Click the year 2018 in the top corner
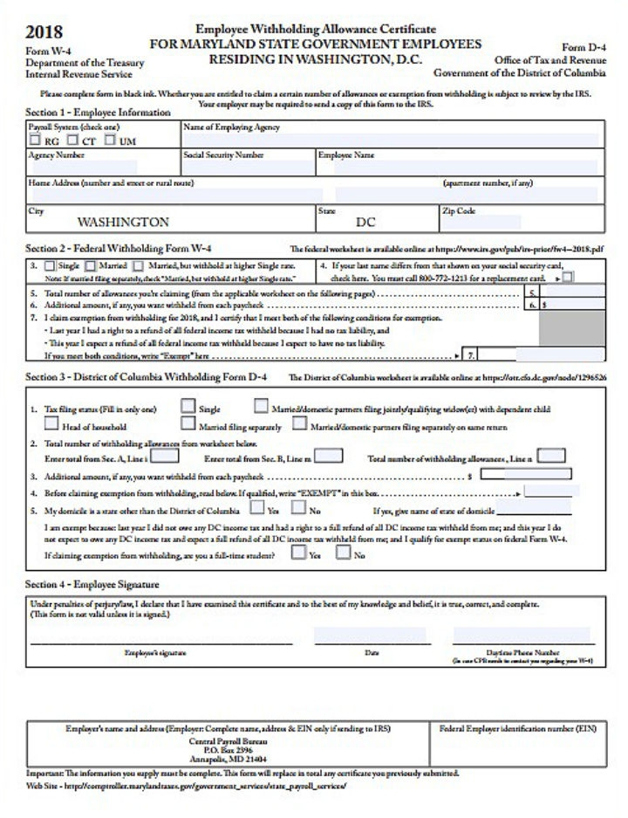(x=44, y=32)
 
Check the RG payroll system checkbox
(x=35, y=140)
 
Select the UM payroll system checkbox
(x=111, y=140)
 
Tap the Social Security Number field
(x=248, y=166)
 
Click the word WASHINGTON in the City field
(x=123, y=223)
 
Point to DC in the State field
(x=365, y=223)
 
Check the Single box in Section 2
(x=49, y=266)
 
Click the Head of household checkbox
(x=51, y=425)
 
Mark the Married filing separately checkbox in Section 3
(x=188, y=425)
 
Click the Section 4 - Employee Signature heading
(x=92, y=584)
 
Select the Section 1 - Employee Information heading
(x=98, y=113)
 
